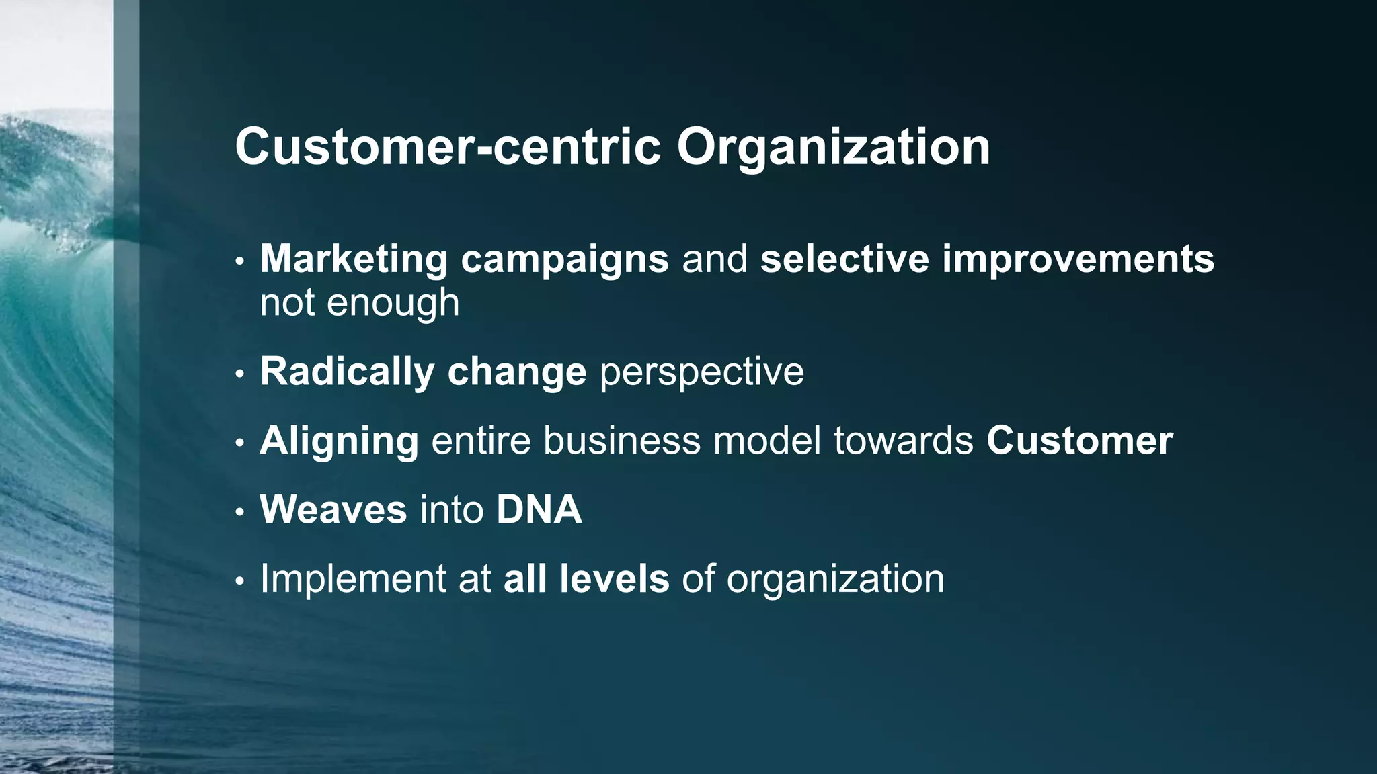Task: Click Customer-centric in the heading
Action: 448,147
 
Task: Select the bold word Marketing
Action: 354,259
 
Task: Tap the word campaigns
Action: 565,260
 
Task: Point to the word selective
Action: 844,259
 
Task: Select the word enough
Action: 393,303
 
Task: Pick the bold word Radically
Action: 347,372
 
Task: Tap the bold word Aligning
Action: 339,442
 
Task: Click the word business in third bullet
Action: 621,441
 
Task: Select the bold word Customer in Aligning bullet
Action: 1079,441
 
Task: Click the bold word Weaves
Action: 333,509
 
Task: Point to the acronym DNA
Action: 539,509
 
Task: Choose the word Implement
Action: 352,579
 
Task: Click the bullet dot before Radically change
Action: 240,374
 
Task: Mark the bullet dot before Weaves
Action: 240,512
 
